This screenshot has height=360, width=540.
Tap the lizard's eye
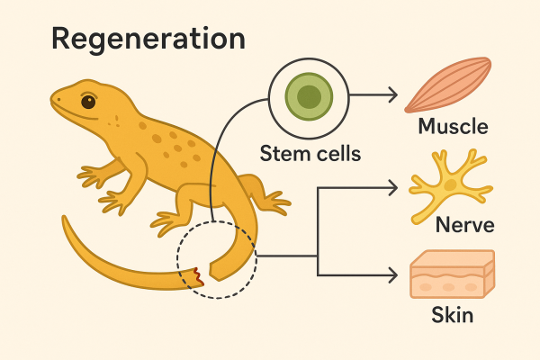[88, 102]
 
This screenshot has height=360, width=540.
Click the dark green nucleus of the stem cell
[309, 95]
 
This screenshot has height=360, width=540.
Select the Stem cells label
[310, 153]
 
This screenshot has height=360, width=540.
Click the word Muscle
[453, 126]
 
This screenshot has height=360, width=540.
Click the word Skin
[452, 316]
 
